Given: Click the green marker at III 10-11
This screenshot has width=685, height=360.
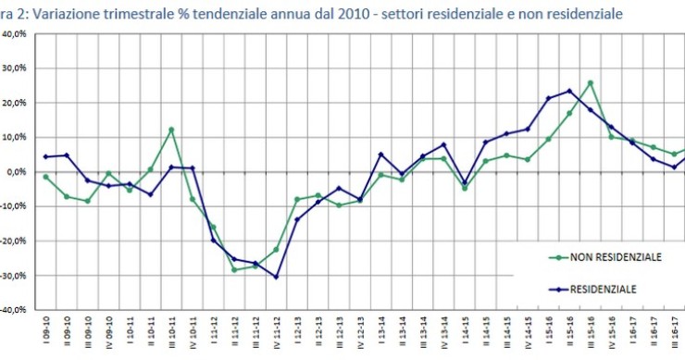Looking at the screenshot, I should tap(171, 130).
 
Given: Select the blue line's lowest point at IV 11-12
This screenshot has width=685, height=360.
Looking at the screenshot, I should tap(276, 277).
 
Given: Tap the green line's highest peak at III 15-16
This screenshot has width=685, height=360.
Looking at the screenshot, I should tap(591, 83).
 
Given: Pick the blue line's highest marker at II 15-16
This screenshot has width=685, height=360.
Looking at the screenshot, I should tap(569, 91).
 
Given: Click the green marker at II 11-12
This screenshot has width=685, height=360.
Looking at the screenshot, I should tap(234, 270).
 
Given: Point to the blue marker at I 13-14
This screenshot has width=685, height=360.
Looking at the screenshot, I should tap(380, 155).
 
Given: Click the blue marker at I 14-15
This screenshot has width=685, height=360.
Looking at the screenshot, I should tap(465, 184).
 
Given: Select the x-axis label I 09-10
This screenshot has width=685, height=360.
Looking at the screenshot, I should tap(45, 332).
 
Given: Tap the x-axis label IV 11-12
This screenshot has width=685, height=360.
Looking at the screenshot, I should tap(276, 332).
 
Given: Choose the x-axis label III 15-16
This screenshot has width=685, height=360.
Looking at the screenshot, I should tap(591, 332).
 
